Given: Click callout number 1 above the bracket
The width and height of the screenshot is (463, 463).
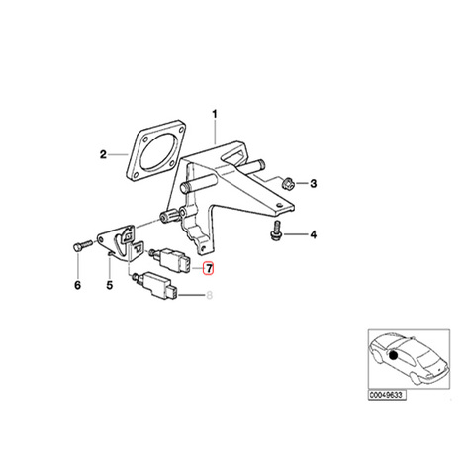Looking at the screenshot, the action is pos(215,115).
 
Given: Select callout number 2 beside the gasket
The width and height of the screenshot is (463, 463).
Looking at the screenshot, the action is pos(103,154).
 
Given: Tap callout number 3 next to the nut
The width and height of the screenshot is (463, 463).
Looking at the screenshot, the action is pos(313,183).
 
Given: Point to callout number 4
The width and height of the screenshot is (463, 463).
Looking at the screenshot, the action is pos(313,234).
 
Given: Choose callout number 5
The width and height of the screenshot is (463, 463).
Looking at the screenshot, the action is pos(110,285).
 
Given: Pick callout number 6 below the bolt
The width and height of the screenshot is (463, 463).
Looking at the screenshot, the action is pos(78,285).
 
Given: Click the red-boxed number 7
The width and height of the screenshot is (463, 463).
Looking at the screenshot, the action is pos(209,268).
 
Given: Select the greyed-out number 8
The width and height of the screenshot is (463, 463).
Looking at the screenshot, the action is pos(209,295).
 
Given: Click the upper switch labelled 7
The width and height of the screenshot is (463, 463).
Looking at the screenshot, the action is pos(170,260).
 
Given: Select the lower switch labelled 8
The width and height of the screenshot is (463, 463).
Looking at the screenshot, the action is pos(155,285).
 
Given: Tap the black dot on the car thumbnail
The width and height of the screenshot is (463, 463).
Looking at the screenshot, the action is pos(393,355).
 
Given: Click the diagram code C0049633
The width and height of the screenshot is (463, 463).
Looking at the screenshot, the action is pos(387,395).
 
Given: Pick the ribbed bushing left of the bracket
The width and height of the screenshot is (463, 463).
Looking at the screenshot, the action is pos(169,216).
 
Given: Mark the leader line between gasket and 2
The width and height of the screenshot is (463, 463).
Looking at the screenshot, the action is pos(118,154).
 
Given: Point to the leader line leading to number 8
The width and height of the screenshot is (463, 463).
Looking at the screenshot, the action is pos(191,295).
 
